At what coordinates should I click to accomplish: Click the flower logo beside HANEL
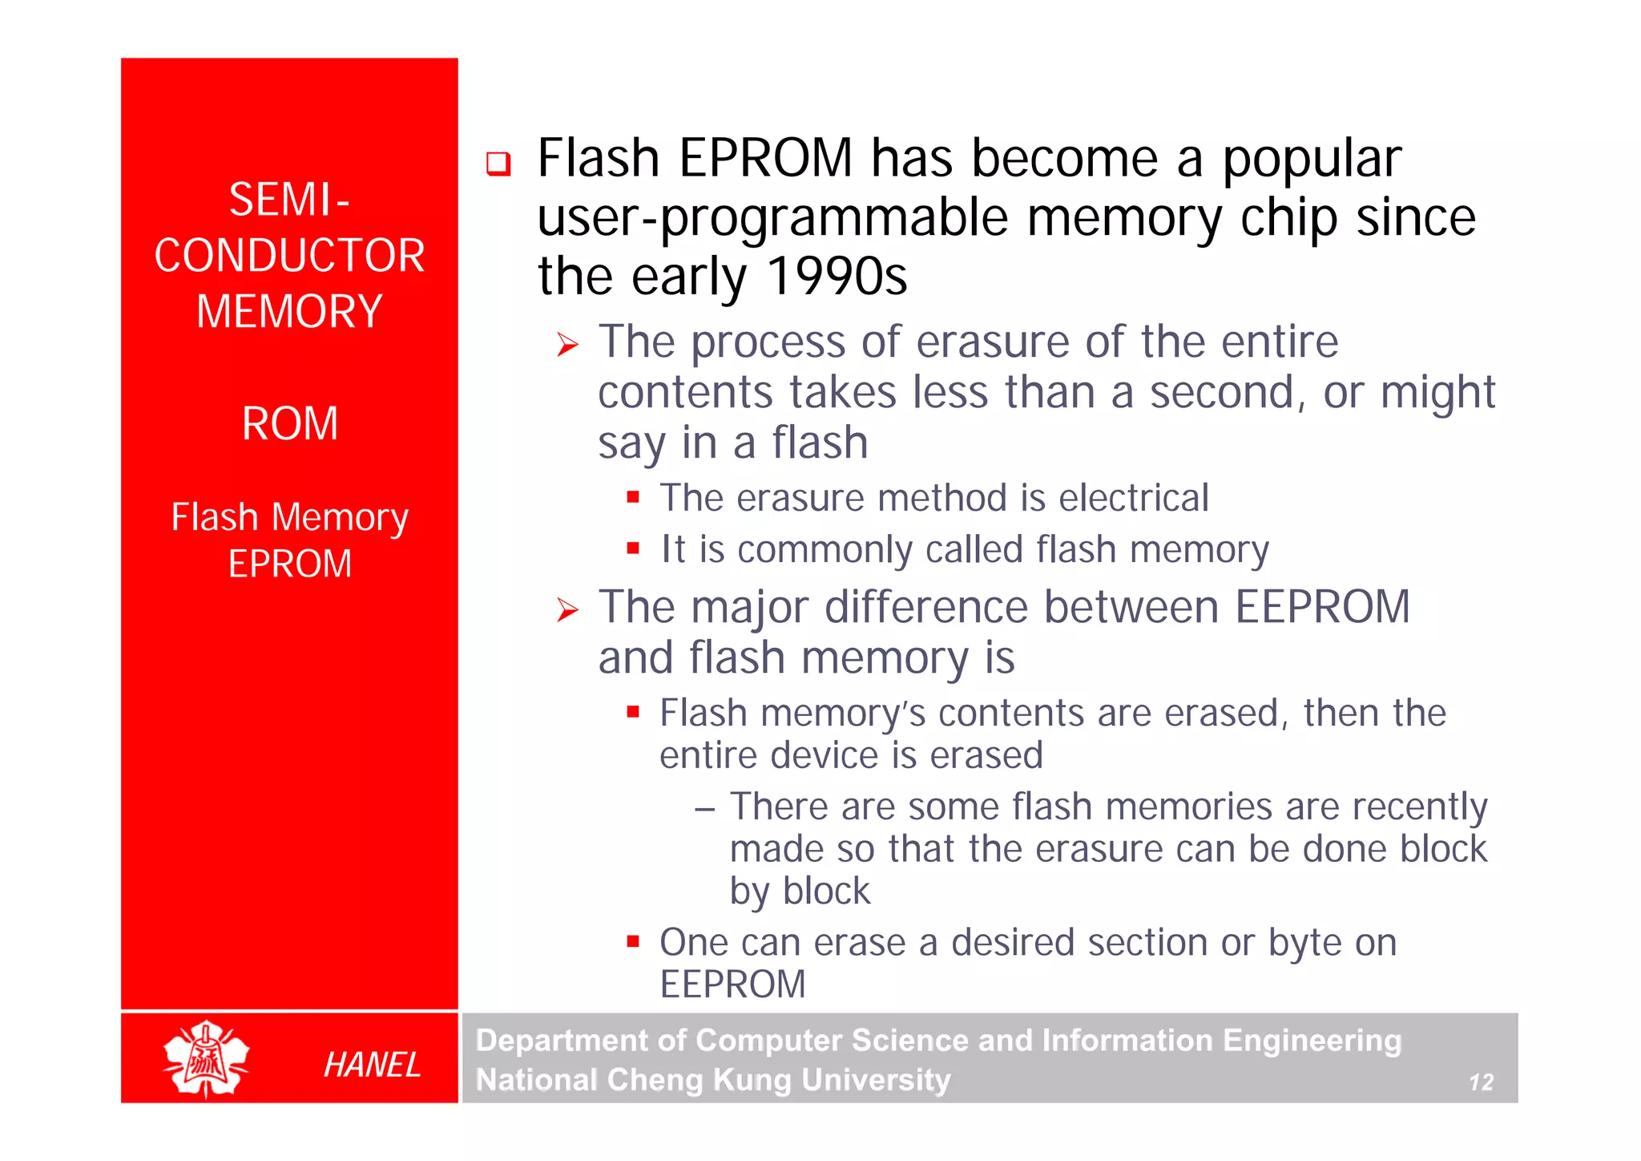coord(207,1058)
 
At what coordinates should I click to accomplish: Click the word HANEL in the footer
coord(372,1065)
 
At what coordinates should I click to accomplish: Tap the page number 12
coord(1481,1082)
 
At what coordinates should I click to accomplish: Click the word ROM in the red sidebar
coord(290,423)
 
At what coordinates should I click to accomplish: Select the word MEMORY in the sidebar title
coord(290,311)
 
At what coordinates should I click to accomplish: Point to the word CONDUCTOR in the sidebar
coord(290,256)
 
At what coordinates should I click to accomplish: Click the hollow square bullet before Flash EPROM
coord(498,164)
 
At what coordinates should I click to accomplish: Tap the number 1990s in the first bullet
coord(837,276)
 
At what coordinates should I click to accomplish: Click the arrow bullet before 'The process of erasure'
coord(567,346)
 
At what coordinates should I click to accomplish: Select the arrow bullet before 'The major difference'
coord(567,611)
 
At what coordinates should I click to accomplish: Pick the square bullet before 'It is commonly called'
coord(633,548)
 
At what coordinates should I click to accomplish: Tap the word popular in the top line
coord(1312,159)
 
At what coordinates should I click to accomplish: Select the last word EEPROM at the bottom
coord(732,984)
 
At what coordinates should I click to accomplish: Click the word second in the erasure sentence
coord(1222,393)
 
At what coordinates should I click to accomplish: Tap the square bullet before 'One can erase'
coord(633,941)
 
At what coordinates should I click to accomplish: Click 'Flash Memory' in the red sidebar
coord(290,517)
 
